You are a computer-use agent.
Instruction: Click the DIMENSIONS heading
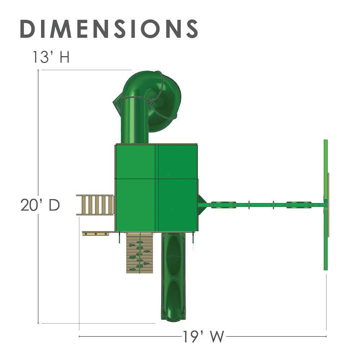point(109,29)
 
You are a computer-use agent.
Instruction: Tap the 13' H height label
point(51,57)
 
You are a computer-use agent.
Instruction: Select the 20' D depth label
point(40,205)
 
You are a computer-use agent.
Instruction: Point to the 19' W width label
point(203,336)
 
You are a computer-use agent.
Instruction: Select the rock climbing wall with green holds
point(140,253)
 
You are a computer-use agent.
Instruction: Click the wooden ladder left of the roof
point(95,205)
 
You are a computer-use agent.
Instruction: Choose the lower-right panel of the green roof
point(177,205)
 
